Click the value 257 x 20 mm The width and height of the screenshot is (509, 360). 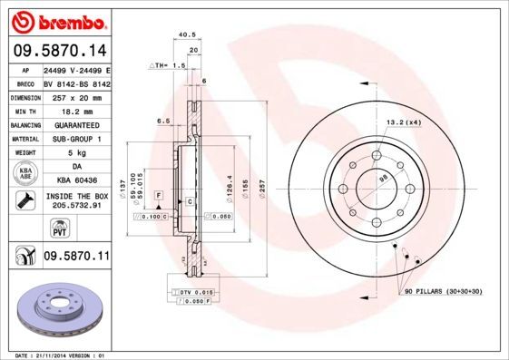point(76,96)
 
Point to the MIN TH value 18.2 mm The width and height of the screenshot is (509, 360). point(76,111)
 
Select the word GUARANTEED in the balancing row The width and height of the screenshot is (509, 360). point(76,125)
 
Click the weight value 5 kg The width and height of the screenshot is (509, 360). point(76,153)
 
